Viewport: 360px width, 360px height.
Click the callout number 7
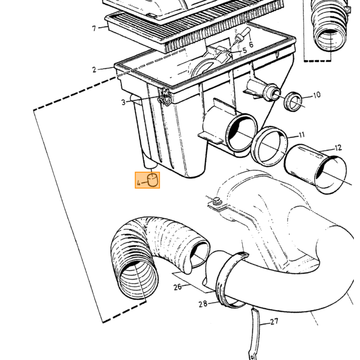(x=94, y=28)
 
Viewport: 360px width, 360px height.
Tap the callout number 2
(x=94, y=69)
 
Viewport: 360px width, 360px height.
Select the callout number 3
(x=123, y=102)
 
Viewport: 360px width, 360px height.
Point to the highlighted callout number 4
(x=138, y=183)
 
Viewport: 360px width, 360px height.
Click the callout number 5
(x=244, y=50)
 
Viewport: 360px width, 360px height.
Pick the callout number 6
(x=251, y=44)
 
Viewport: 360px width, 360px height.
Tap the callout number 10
(x=317, y=95)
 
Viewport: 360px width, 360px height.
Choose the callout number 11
(x=302, y=135)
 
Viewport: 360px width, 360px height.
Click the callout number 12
(x=338, y=148)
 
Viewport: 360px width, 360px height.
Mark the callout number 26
(x=177, y=287)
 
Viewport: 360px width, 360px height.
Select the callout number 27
(x=274, y=321)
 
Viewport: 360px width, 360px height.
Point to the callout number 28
(x=203, y=304)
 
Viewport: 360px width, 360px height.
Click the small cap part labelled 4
(x=153, y=180)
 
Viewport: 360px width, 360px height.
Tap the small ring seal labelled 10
(x=293, y=101)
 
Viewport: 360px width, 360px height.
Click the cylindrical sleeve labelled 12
(x=315, y=169)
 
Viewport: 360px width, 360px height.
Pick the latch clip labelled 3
(x=165, y=97)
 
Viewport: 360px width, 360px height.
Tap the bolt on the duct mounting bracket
(x=217, y=201)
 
